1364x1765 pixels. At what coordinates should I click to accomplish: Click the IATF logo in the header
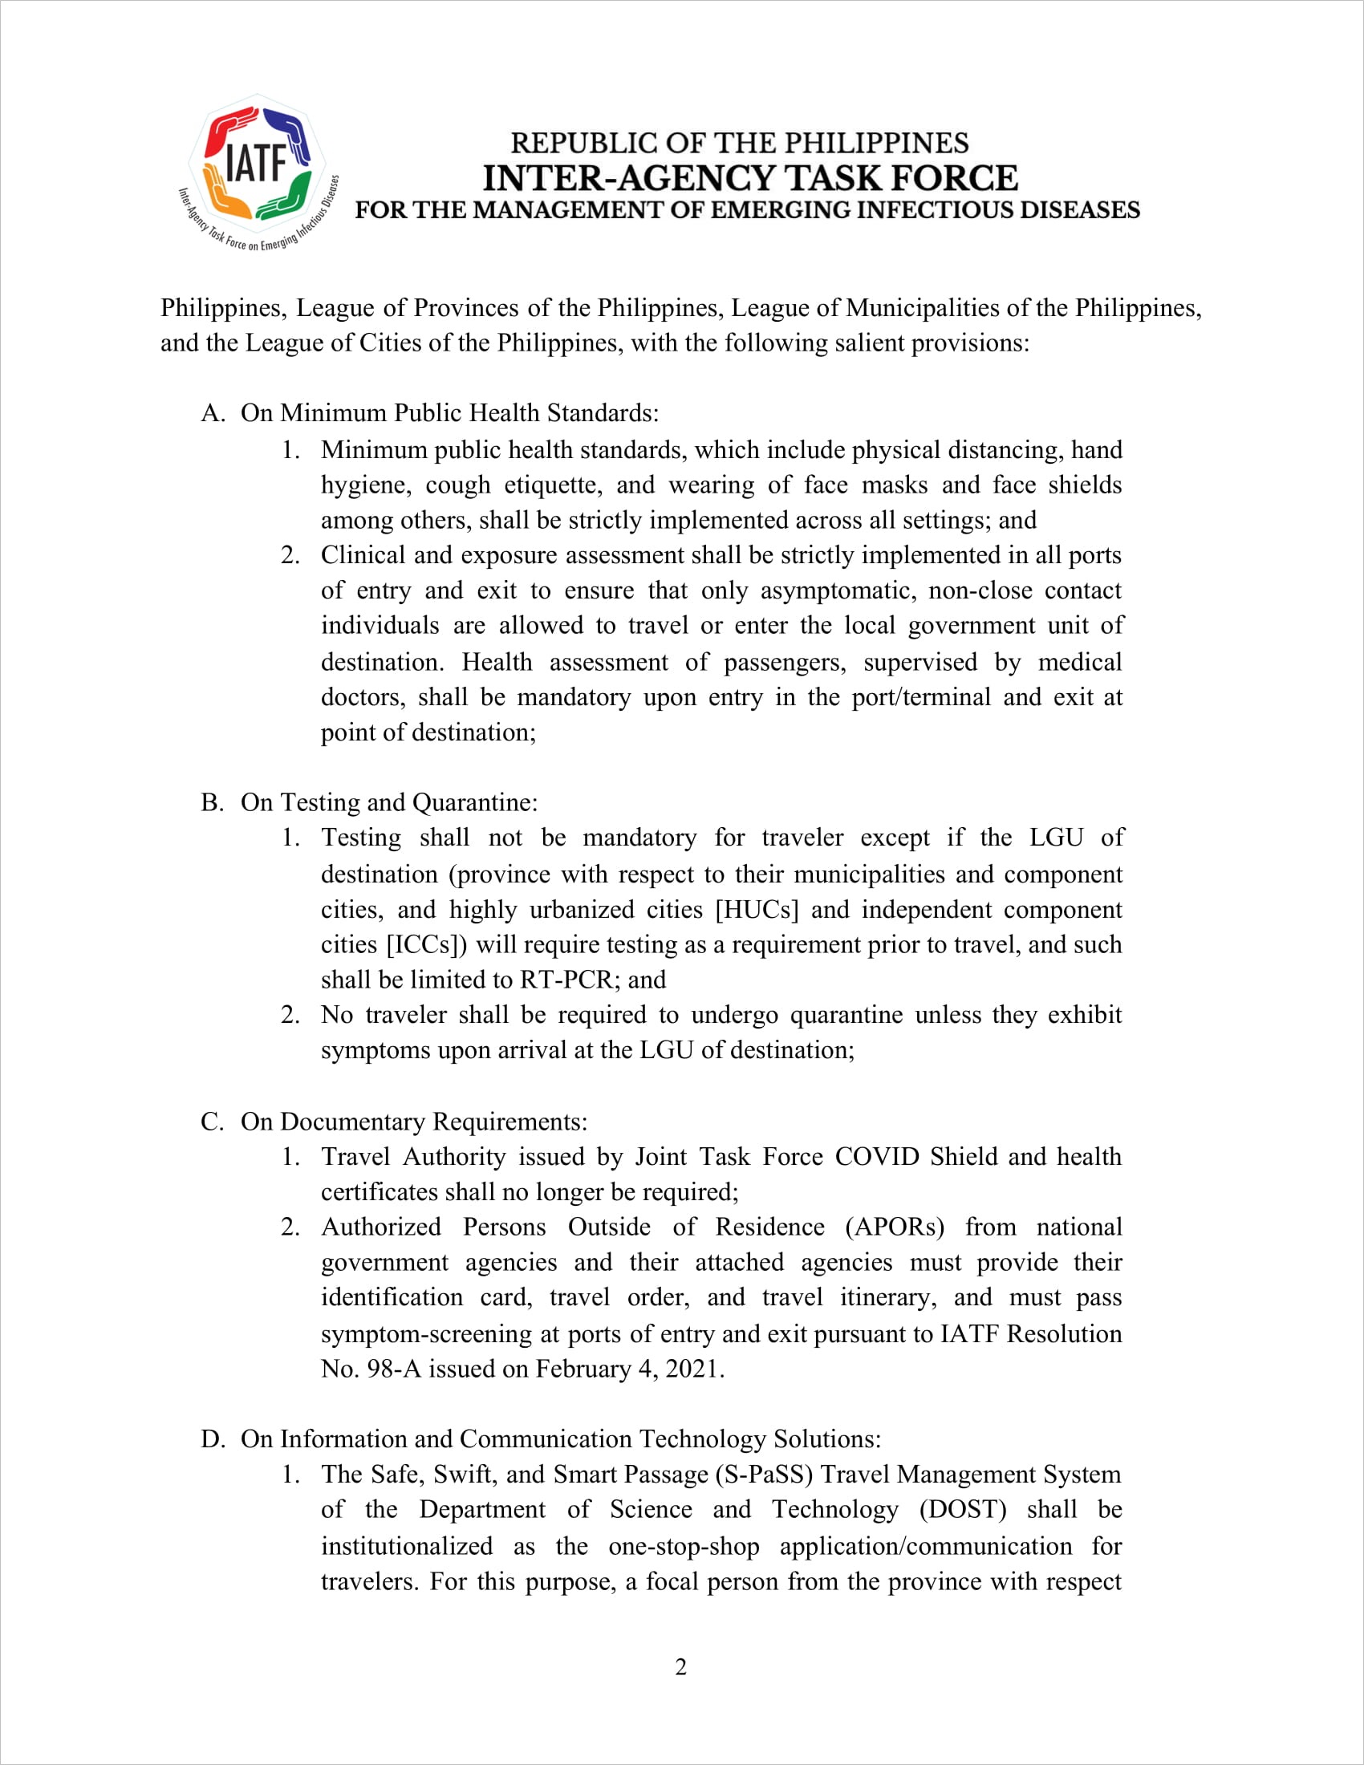[257, 172]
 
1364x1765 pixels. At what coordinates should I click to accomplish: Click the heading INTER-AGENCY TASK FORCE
[749, 178]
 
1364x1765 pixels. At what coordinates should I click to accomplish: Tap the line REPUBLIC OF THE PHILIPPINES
[740, 143]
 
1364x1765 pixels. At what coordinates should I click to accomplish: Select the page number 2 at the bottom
[681, 1667]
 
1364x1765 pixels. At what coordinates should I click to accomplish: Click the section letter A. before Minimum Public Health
[213, 413]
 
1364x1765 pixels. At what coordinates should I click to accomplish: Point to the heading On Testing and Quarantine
[388, 801]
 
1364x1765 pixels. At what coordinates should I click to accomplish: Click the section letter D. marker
[213, 1438]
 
